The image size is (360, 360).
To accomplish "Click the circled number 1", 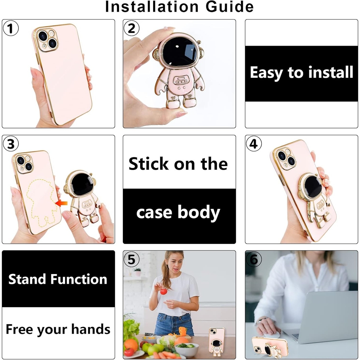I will click(x=10, y=28).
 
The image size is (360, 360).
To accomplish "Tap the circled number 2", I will click(x=131, y=28).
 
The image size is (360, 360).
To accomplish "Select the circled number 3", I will click(x=10, y=144).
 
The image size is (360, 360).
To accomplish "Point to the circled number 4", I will click(x=254, y=144).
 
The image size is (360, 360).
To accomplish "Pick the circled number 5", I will click(x=131, y=259).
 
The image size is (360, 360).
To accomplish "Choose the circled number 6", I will click(x=254, y=259).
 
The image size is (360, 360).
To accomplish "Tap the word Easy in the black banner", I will click(x=266, y=73).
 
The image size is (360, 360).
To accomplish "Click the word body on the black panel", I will click(x=198, y=213).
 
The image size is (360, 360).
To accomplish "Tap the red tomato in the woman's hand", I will click(x=163, y=291).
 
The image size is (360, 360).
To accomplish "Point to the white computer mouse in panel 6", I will click(x=271, y=335).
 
